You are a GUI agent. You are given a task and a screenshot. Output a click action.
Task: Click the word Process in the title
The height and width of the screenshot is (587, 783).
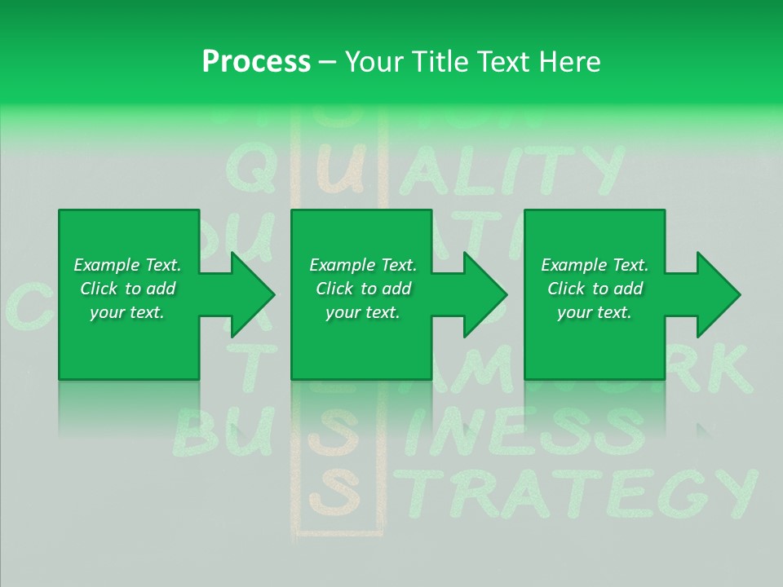[x=256, y=62]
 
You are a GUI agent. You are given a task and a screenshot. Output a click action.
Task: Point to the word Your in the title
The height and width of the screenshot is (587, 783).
[x=375, y=62]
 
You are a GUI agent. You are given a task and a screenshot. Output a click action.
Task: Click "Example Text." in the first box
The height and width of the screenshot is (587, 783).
[x=127, y=265]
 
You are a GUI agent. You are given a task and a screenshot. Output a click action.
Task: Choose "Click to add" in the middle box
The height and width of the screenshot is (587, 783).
[x=363, y=289]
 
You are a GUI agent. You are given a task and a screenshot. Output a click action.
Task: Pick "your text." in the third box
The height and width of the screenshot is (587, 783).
[x=594, y=312]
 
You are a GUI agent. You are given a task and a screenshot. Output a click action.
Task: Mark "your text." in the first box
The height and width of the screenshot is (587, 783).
[x=127, y=312]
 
